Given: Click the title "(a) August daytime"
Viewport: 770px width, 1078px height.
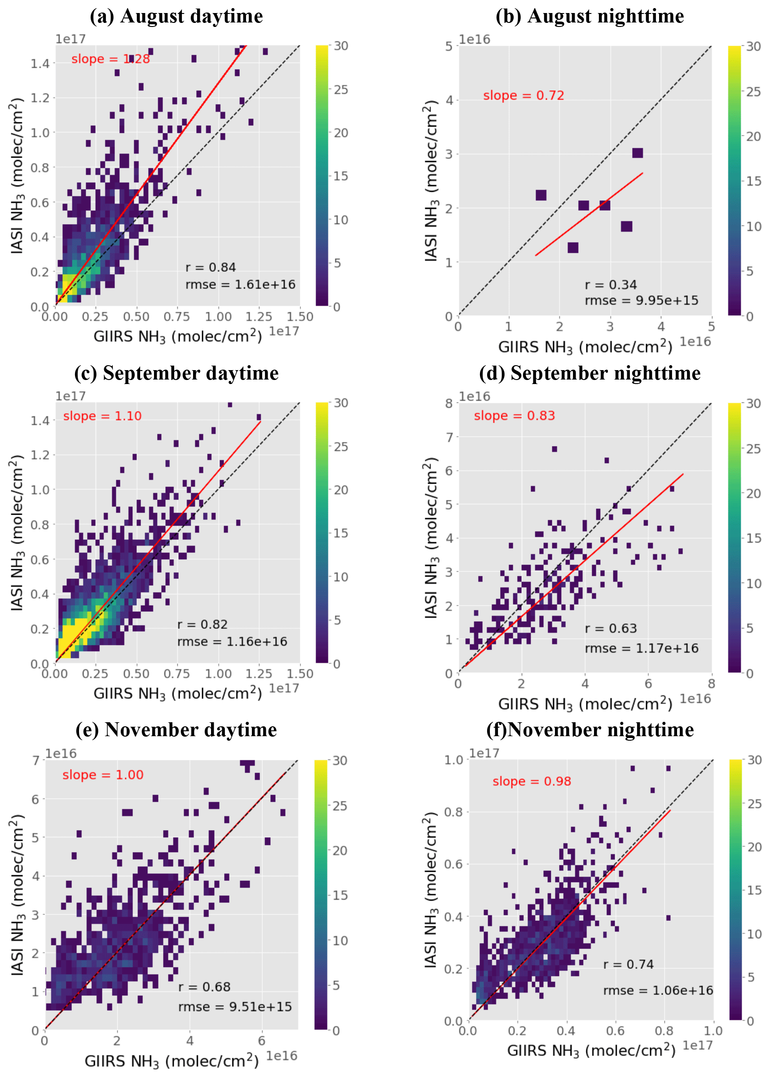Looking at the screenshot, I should pos(176,16).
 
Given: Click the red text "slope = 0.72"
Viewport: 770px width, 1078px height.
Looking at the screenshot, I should pos(524,95).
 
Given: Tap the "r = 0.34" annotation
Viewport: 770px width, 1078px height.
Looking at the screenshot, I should pos(611,285).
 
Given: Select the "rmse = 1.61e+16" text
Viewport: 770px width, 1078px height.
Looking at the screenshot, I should pos(240,285).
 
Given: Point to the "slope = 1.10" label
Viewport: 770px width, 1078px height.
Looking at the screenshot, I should pos(102,416).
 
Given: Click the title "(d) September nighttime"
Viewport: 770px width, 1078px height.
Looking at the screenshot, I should pos(590,373).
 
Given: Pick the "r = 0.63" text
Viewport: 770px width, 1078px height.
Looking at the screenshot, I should pos(611,628).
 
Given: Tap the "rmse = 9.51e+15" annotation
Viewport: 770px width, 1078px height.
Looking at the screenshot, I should pos(235,1007).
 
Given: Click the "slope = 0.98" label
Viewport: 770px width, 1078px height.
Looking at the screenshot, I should pos(532,781).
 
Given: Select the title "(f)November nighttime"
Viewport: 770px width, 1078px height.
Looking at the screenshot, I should pos(590,730).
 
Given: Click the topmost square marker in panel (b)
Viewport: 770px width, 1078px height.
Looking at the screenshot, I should pos(637,153).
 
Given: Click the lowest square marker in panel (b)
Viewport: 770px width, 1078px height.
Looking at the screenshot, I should pos(573,247).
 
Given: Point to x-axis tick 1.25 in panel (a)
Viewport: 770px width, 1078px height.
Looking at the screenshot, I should pos(259,317).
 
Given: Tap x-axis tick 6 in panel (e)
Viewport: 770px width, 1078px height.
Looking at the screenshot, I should pos(262,1041).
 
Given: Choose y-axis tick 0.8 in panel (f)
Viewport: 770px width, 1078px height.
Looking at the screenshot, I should pos(453,812).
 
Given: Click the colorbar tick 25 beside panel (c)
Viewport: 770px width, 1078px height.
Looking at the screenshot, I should pos(341,446).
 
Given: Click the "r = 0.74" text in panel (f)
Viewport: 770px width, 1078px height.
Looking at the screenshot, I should pos(628,964).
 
